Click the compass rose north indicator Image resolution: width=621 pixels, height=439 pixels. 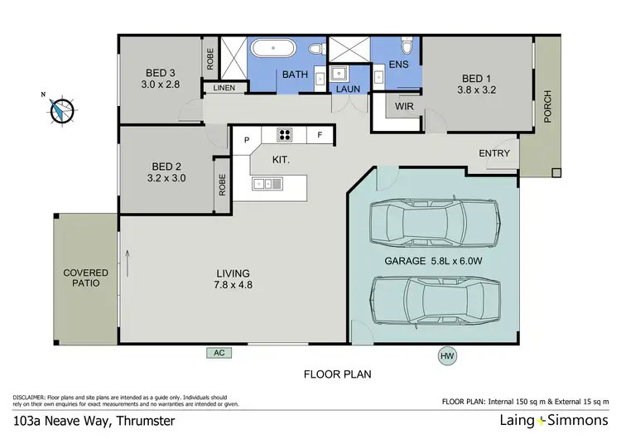pos(60,109)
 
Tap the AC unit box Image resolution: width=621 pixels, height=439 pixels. pos(220,352)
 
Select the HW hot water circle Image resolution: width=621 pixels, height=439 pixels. pos(448,356)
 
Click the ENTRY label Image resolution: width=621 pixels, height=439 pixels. pos(494,153)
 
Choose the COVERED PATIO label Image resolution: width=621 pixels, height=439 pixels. pos(85,277)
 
